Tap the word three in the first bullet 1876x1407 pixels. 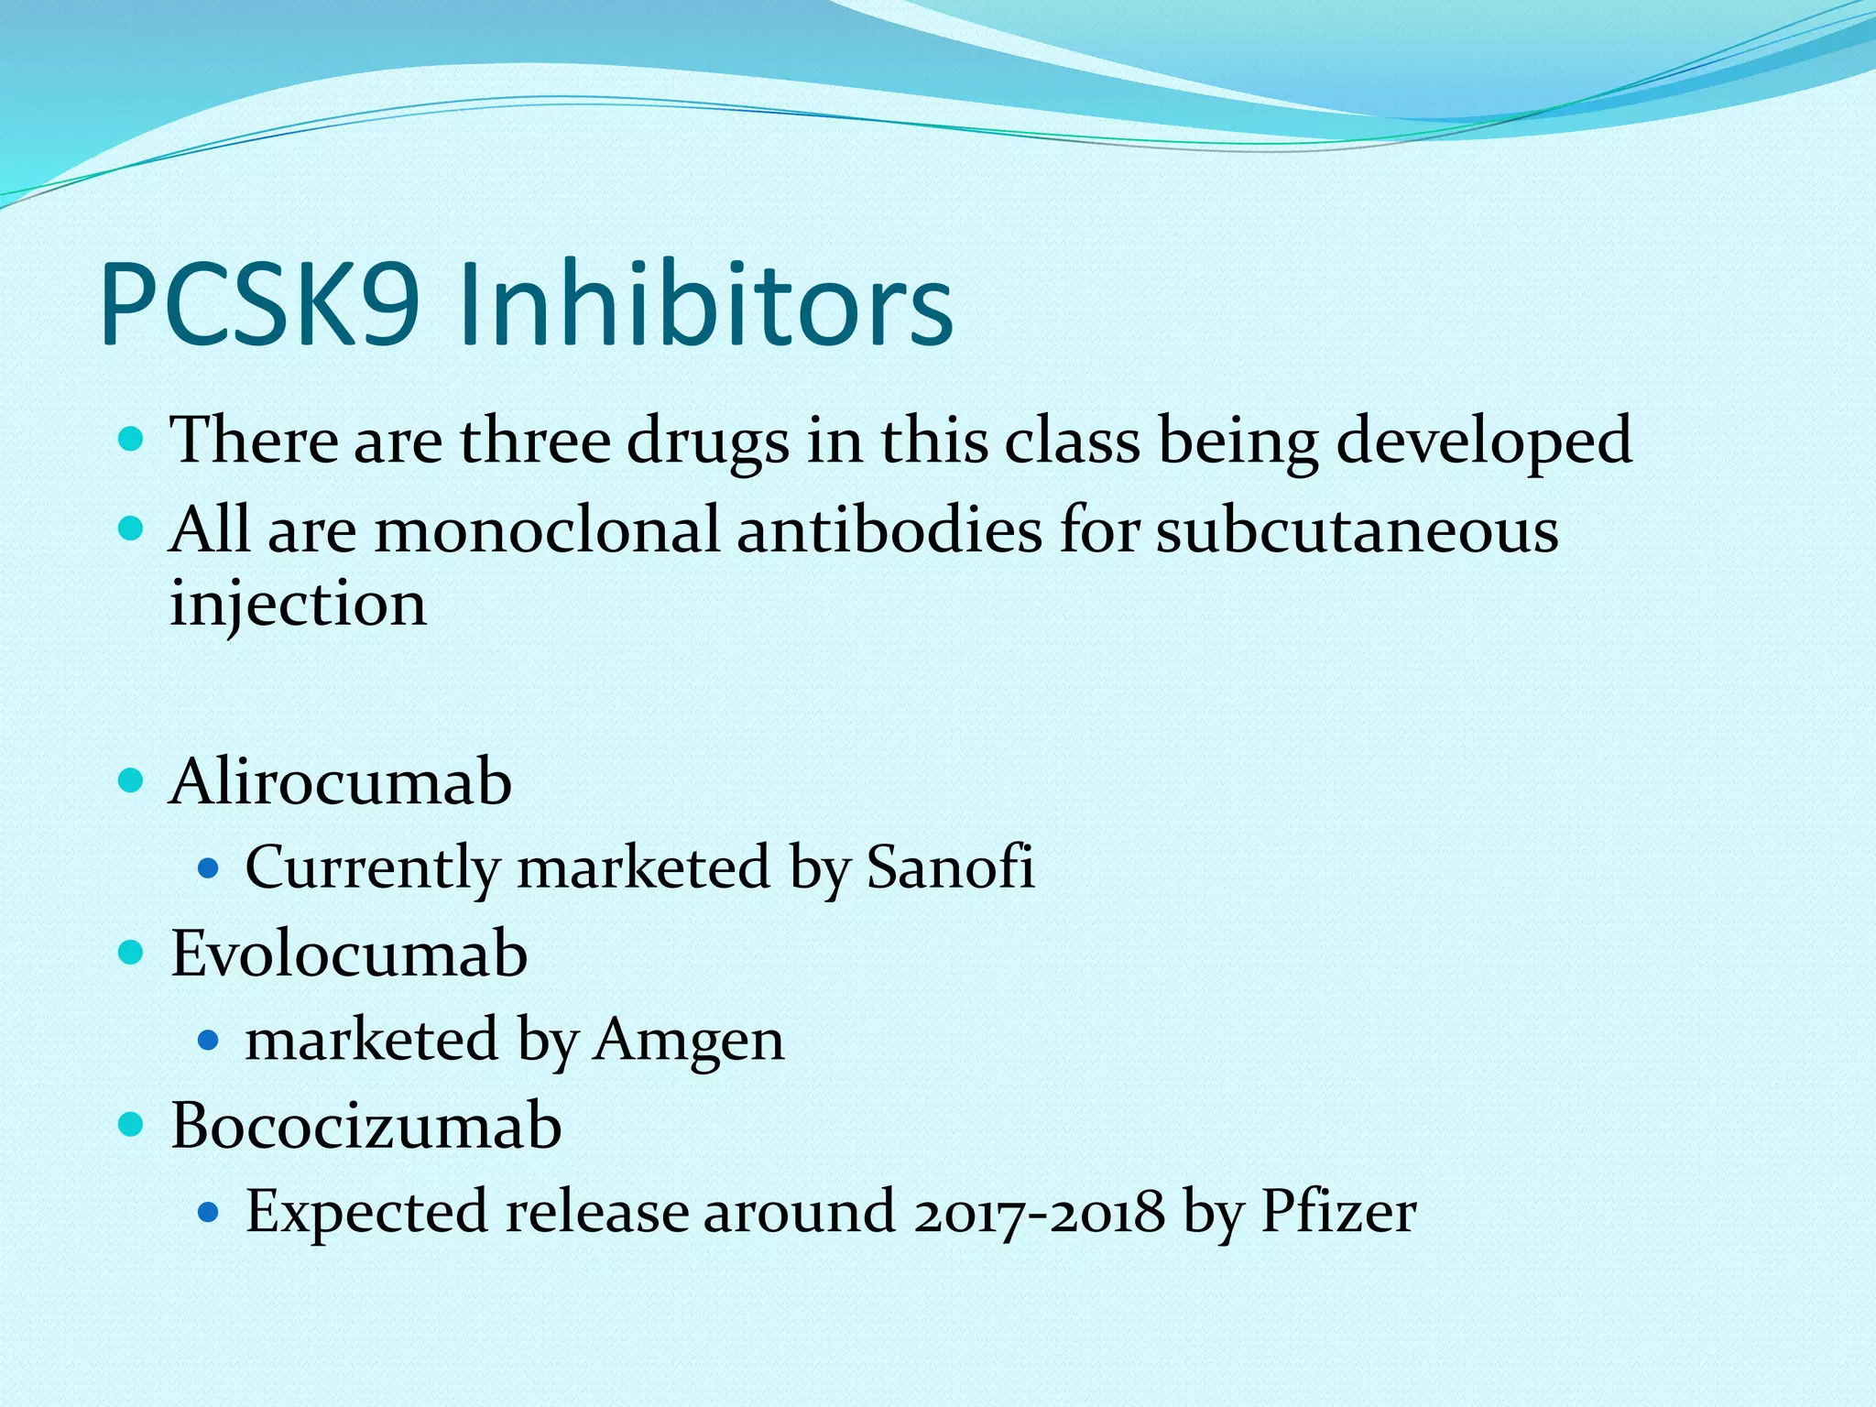coord(535,441)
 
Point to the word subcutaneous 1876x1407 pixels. coord(1357,530)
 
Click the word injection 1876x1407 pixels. coord(298,605)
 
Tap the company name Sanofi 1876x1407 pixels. coord(950,867)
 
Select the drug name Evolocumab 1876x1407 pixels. coord(349,954)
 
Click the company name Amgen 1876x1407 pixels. coord(689,1040)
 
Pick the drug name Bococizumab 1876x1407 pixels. coord(365,1126)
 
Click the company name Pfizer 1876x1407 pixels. coord(1338,1212)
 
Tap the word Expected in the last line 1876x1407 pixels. coord(366,1212)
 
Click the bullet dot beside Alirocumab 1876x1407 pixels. coord(132,781)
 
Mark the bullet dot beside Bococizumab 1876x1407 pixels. coord(132,1125)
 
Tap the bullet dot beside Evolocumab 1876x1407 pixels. coord(132,953)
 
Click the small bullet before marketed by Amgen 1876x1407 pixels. coord(209,1040)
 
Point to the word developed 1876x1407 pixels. coord(1484,441)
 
